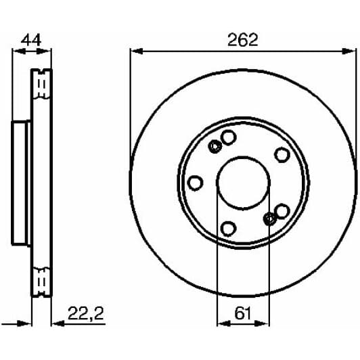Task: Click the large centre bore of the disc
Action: tap(242, 181)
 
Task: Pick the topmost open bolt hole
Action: tap(229, 137)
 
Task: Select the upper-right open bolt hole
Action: tap(282, 155)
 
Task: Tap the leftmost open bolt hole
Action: tap(196, 183)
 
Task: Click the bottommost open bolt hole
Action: tap(229, 227)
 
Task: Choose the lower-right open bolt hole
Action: tap(282, 210)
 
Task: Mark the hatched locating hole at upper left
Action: tap(216, 147)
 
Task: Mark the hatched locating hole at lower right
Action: tap(269, 217)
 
